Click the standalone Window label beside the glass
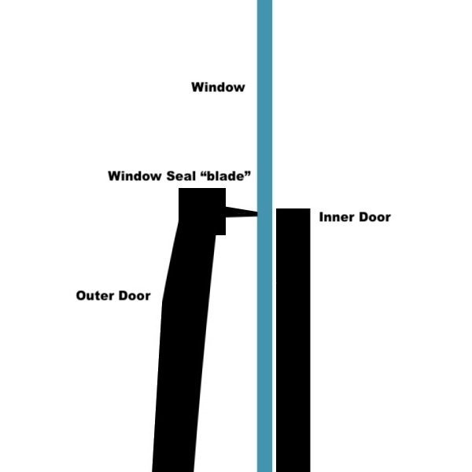coord(218,87)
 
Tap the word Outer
coord(95,296)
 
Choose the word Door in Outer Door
coord(135,296)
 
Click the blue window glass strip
coord(264,236)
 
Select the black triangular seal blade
coord(242,212)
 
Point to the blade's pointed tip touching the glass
coord(257,214)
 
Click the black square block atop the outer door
coord(202,212)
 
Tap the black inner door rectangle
coord(293,340)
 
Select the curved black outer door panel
coord(183,346)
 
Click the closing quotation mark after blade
coord(248,173)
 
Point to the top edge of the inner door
coord(293,208)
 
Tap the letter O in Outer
coord(81,296)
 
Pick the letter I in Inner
coord(321,217)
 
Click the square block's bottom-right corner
coord(226,235)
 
